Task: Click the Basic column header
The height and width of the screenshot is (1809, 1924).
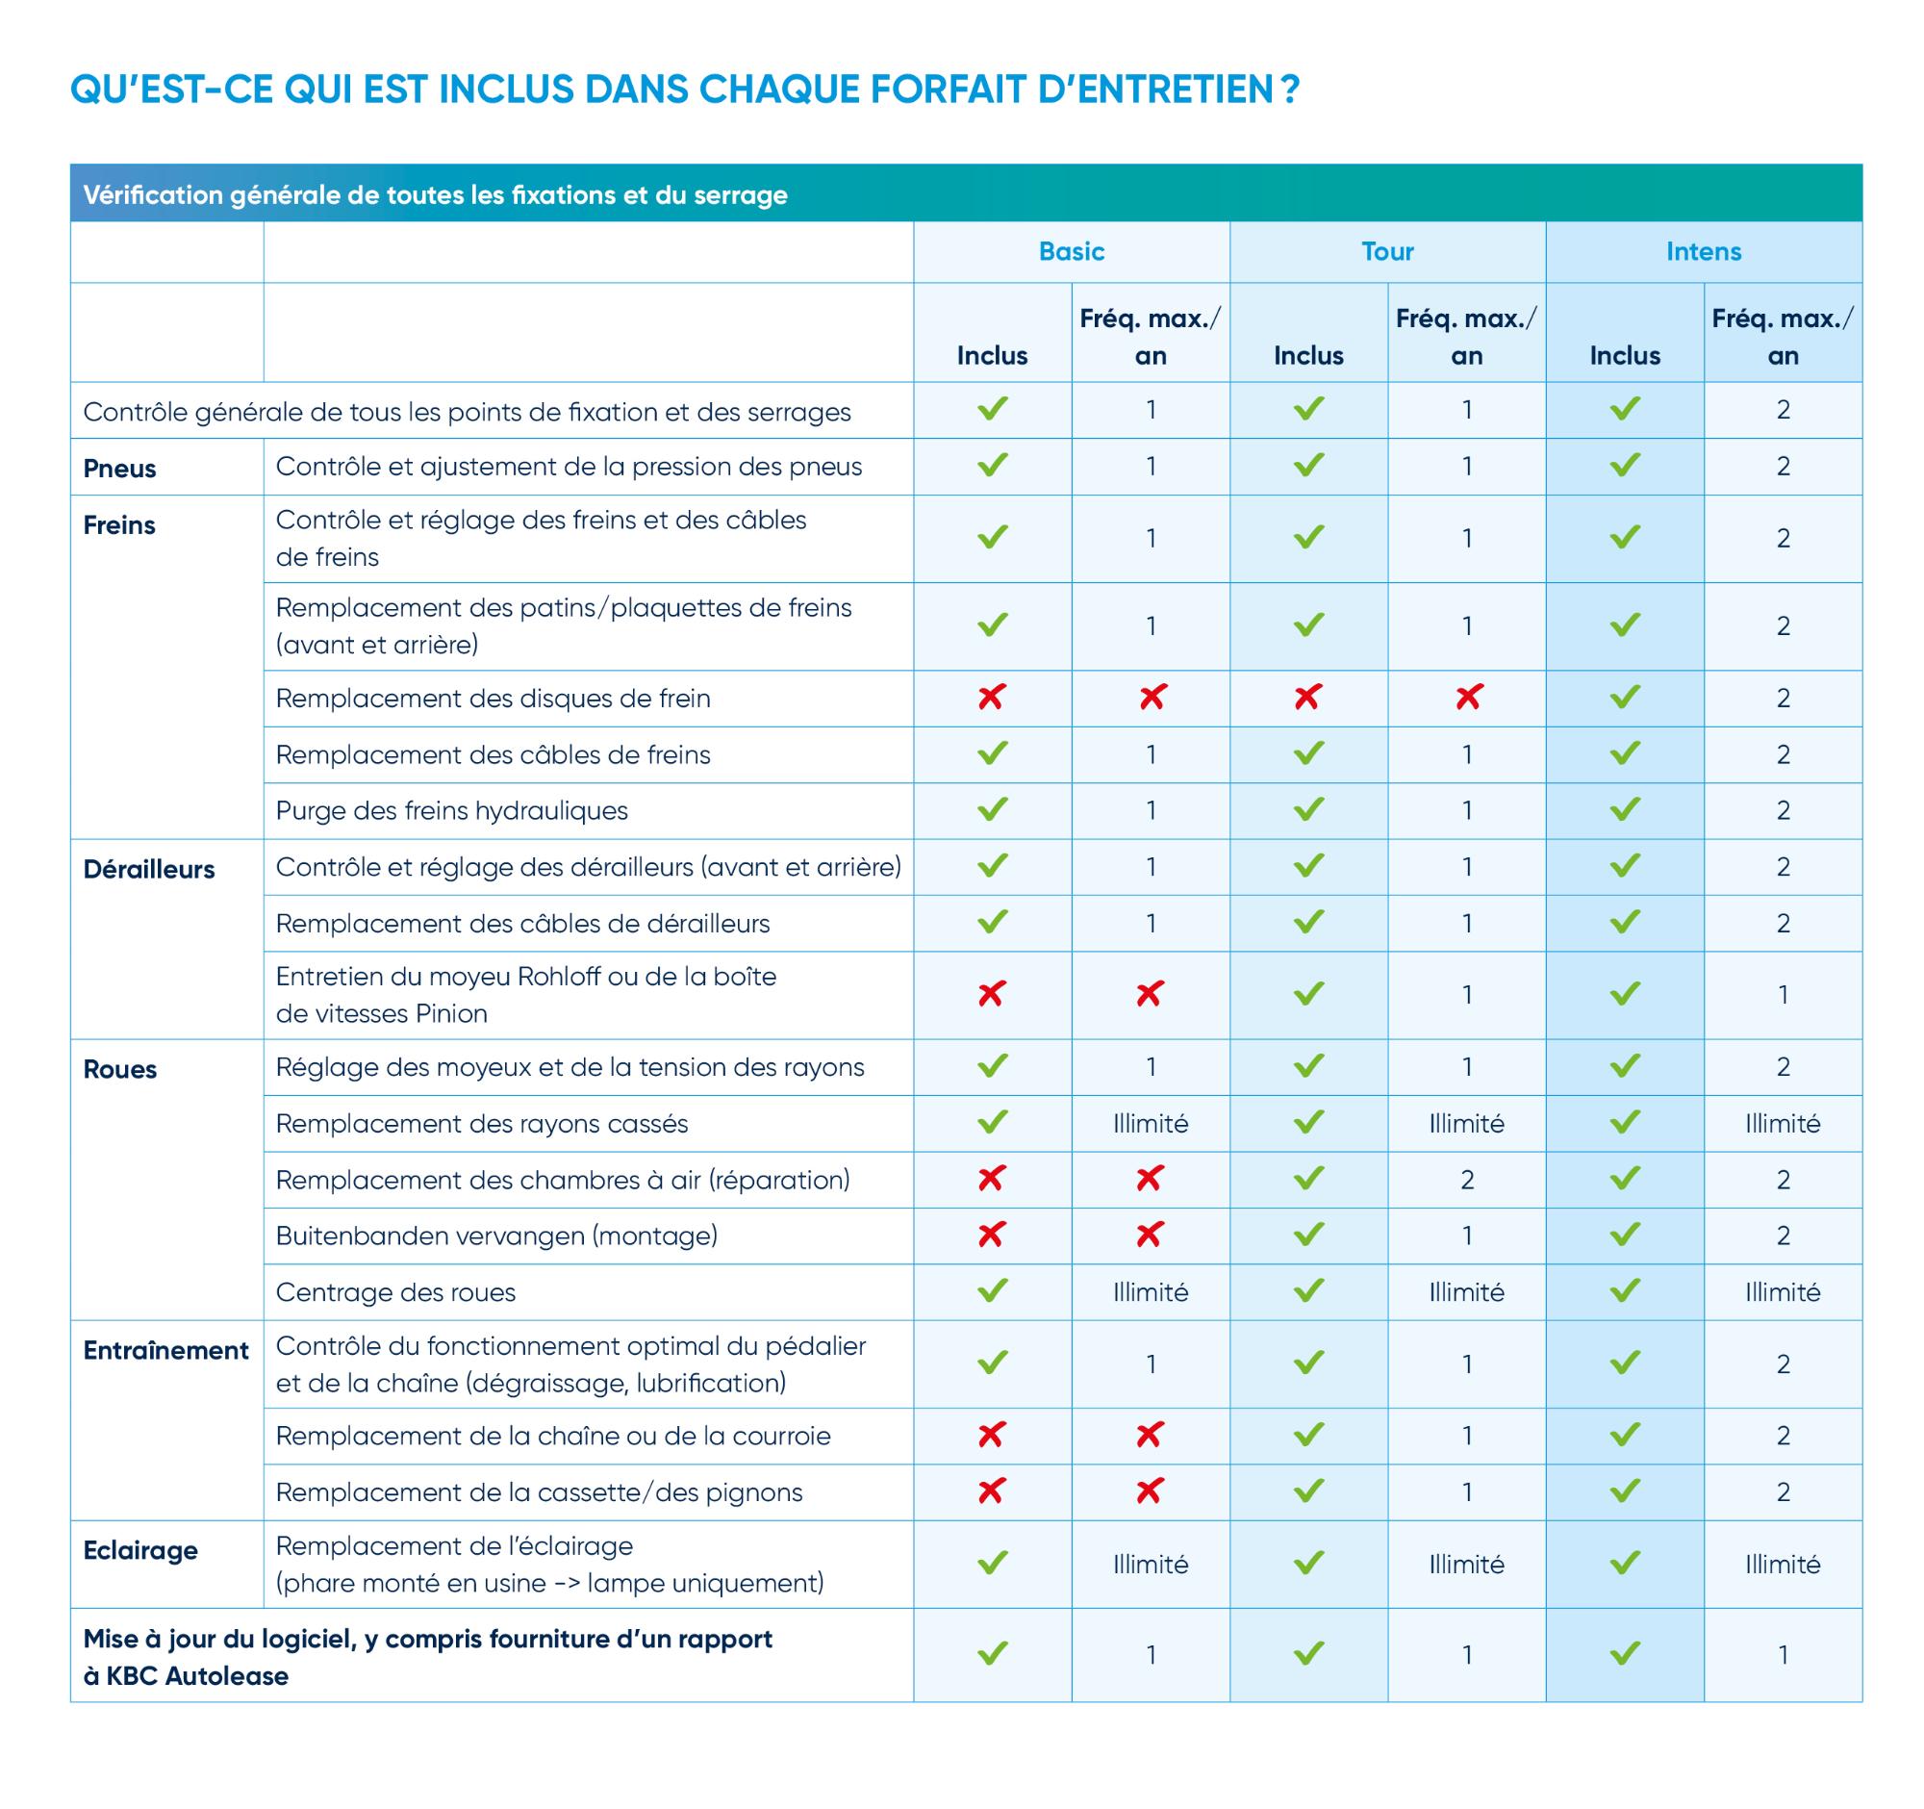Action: pos(1071,252)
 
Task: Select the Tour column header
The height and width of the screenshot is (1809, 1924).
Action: pos(1387,252)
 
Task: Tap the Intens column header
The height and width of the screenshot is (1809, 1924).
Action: pos(1704,252)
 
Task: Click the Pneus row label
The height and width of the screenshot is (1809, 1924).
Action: pos(120,469)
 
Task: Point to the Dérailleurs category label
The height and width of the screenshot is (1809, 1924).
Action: pos(149,869)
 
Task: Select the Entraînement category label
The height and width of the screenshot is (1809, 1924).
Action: pos(165,1350)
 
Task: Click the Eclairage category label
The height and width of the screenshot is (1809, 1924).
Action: pos(140,1550)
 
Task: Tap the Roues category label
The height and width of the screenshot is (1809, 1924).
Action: pos(120,1070)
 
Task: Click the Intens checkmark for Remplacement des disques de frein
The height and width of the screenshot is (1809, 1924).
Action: pos(1625,697)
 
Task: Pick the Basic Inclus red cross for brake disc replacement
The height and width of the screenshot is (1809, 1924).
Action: pos(992,697)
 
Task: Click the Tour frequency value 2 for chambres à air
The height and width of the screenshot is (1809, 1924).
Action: pos(1466,1180)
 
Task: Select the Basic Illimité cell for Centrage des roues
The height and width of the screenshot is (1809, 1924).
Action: pos(1150,1292)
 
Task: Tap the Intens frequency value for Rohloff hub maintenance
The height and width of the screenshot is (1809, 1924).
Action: pos(1783,995)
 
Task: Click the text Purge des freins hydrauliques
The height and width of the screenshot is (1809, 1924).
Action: pos(452,810)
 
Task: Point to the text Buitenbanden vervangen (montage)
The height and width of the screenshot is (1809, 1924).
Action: pos(496,1236)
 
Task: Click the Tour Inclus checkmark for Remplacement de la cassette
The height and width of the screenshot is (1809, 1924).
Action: pos(1308,1491)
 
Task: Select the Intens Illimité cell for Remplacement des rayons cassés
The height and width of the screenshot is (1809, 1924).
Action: pos(1783,1124)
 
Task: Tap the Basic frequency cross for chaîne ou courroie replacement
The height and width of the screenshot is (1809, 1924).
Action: pos(1150,1436)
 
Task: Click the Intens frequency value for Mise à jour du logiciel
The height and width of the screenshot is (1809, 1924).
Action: pos(1783,1655)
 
